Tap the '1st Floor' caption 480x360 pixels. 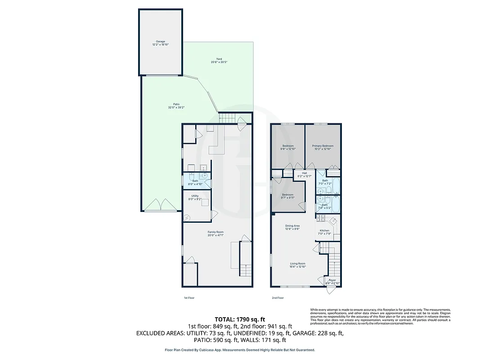click(189, 298)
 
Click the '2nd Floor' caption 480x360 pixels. click(278, 298)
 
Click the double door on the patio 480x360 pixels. click(160, 205)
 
